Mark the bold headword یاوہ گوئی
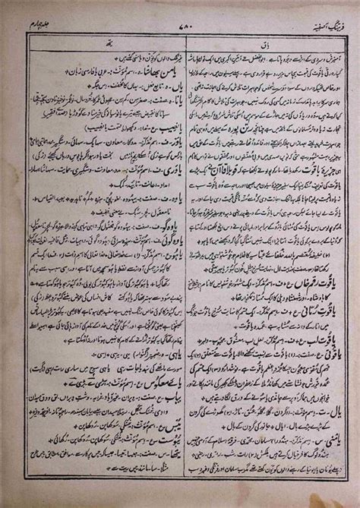(153, 251)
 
